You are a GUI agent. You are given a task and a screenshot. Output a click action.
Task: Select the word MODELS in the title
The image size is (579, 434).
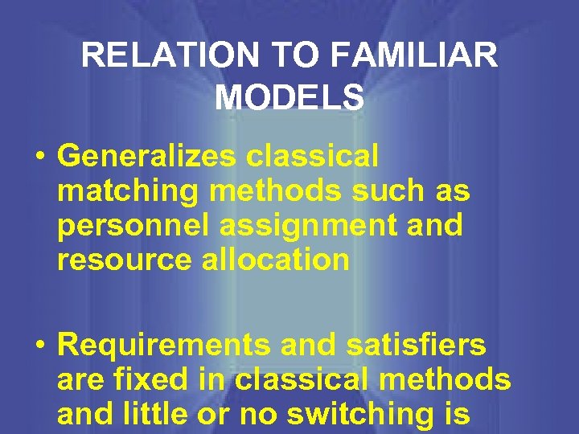[x=289, y=97]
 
